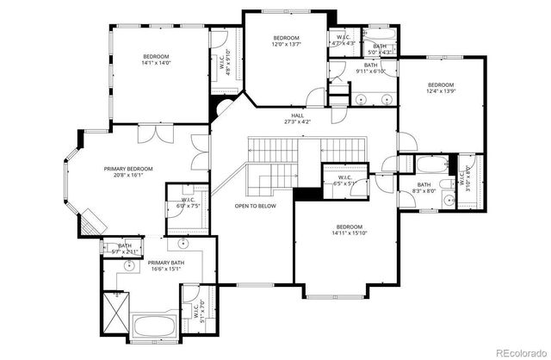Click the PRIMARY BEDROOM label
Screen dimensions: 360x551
coord(128,169)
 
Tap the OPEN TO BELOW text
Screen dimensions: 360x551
coord(256,207)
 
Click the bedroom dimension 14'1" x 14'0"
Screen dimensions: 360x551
coord(157,63)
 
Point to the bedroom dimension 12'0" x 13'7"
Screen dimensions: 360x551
coord(286,45)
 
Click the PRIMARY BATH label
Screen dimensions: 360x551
coord(164,263)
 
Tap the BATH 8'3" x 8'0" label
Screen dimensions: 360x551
coord(424,188)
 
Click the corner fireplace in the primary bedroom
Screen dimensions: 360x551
coord(90,223)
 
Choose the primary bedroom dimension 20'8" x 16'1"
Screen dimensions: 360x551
coord(128,176)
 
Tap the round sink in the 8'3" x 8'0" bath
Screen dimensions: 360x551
coord(449,202)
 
